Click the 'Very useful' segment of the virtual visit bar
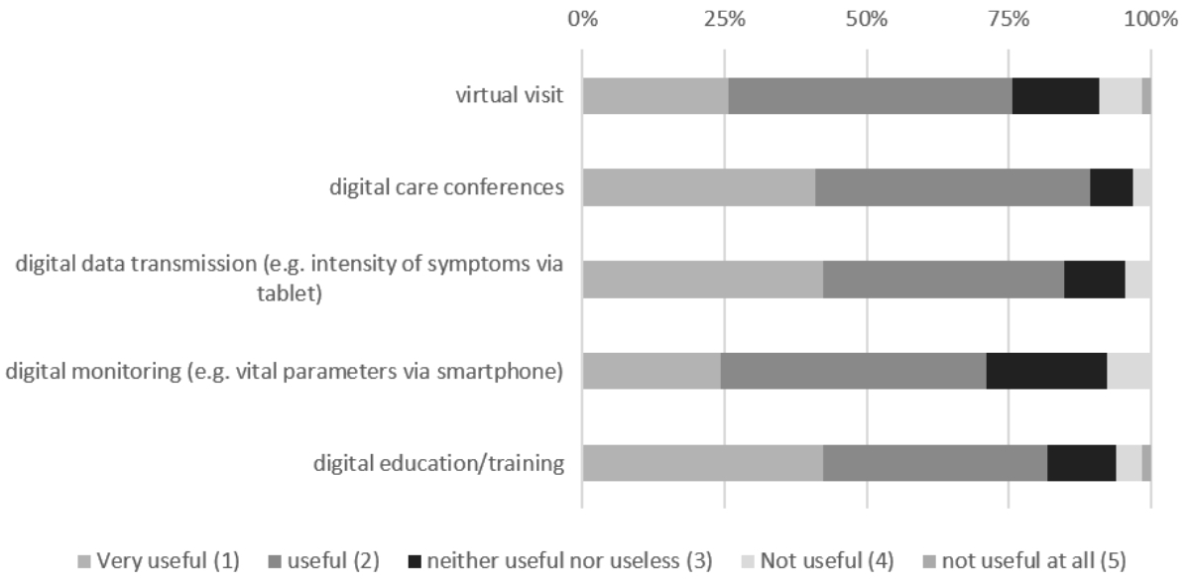654,96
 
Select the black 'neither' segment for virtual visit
1055,96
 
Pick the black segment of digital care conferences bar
1111,187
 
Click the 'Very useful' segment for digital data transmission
702,280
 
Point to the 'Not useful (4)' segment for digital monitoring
1129,371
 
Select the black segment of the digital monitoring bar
1046,371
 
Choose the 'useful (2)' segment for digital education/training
934,463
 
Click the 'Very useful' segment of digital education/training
702,463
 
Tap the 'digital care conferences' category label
447,187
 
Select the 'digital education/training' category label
439,463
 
